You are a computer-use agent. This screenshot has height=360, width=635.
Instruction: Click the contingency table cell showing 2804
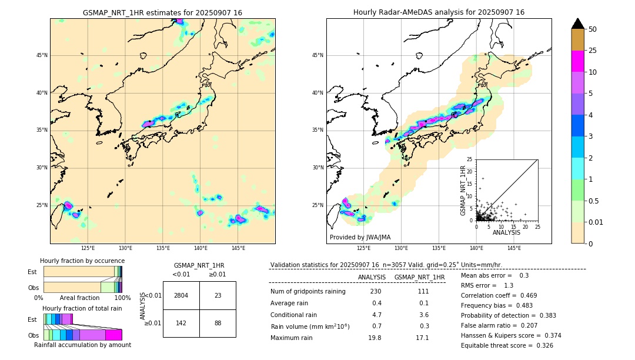pos(181,295)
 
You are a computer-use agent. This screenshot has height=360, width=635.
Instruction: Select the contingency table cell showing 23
pos(218,295)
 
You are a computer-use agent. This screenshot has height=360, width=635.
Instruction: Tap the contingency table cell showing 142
pos(181,323)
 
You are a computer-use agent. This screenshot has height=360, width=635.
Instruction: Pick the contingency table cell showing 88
pos(218,323)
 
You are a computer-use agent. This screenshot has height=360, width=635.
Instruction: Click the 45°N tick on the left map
pos(42,55)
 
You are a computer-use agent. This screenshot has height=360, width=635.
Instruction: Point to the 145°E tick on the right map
pos(514,248)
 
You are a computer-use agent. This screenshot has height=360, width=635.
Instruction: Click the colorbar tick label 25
pos(593,51)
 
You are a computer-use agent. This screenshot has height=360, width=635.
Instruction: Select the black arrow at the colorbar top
pos(578,24)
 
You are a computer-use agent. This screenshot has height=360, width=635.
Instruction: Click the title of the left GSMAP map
pos(162,12)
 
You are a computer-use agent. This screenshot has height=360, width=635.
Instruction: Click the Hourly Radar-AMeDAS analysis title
pos(439,12)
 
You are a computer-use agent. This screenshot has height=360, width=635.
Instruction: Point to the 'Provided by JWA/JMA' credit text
pos(360,237)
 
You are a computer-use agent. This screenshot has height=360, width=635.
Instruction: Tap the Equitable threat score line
pos(507,345)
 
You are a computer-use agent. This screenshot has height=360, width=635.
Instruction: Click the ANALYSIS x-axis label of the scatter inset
pos(506,232)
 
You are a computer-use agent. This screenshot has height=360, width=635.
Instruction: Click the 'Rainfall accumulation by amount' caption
pos(82,345)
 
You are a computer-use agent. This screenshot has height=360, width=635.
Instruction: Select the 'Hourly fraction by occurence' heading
pos(82,261)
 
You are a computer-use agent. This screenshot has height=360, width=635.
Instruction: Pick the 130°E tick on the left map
pos(125,248)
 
